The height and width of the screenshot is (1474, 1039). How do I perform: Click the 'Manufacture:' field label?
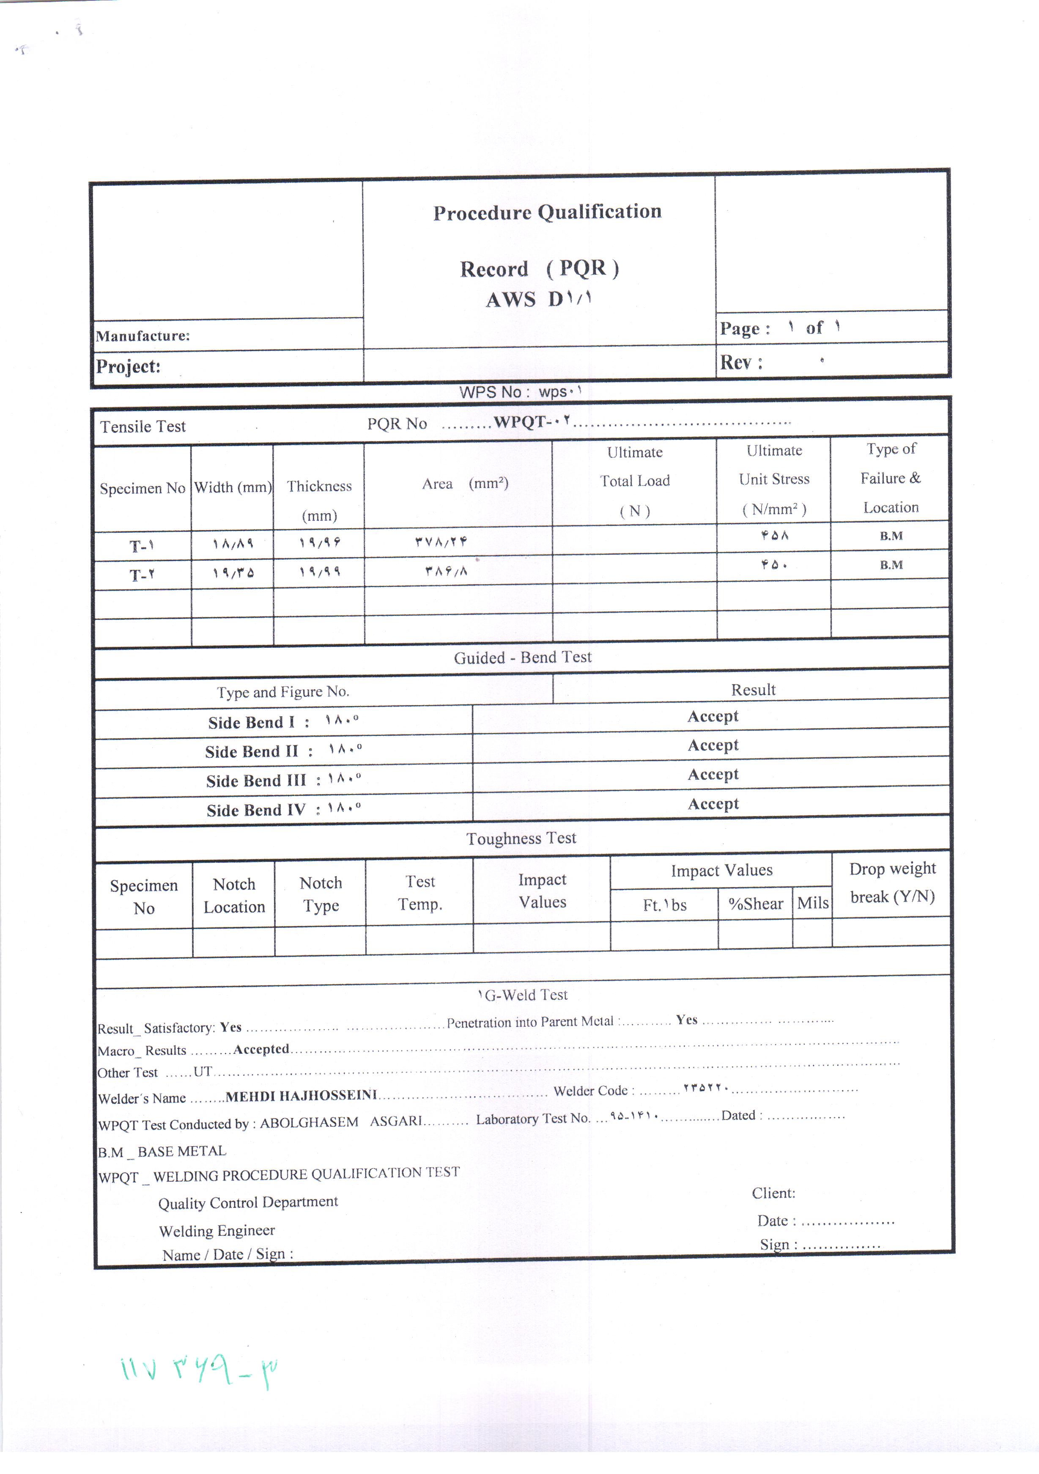tap(143, 336)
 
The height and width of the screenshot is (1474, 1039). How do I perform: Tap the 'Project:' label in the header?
tap(129, 366)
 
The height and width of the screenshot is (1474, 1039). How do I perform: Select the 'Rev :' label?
tap(740, 363)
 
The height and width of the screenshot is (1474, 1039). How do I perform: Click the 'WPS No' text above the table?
tap(493, 392)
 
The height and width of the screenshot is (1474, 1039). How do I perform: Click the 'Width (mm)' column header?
tap(232, 487)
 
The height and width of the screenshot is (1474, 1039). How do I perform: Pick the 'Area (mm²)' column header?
tap(465, 484)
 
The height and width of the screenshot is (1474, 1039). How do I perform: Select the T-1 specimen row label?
tap(142, 546)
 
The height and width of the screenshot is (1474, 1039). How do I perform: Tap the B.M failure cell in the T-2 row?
tap(891, 565)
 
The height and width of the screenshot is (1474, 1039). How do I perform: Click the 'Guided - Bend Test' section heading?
tap(522, 657)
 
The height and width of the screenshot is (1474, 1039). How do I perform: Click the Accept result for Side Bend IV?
tap(713, 804)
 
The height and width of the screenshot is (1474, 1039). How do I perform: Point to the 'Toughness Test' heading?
tap(521, 839)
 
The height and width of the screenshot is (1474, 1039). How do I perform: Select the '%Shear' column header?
tap(755, 904)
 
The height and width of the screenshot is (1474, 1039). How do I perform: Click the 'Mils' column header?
tap(812, 903)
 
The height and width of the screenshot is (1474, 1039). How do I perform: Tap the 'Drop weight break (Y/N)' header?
tap(892, 883)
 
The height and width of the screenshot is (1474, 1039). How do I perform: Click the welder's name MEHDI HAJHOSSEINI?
tap(301, 1096)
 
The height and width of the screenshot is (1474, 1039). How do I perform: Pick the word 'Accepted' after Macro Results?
tap(261, 1049)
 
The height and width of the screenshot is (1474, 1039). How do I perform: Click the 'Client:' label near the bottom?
tap(773, 1193)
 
